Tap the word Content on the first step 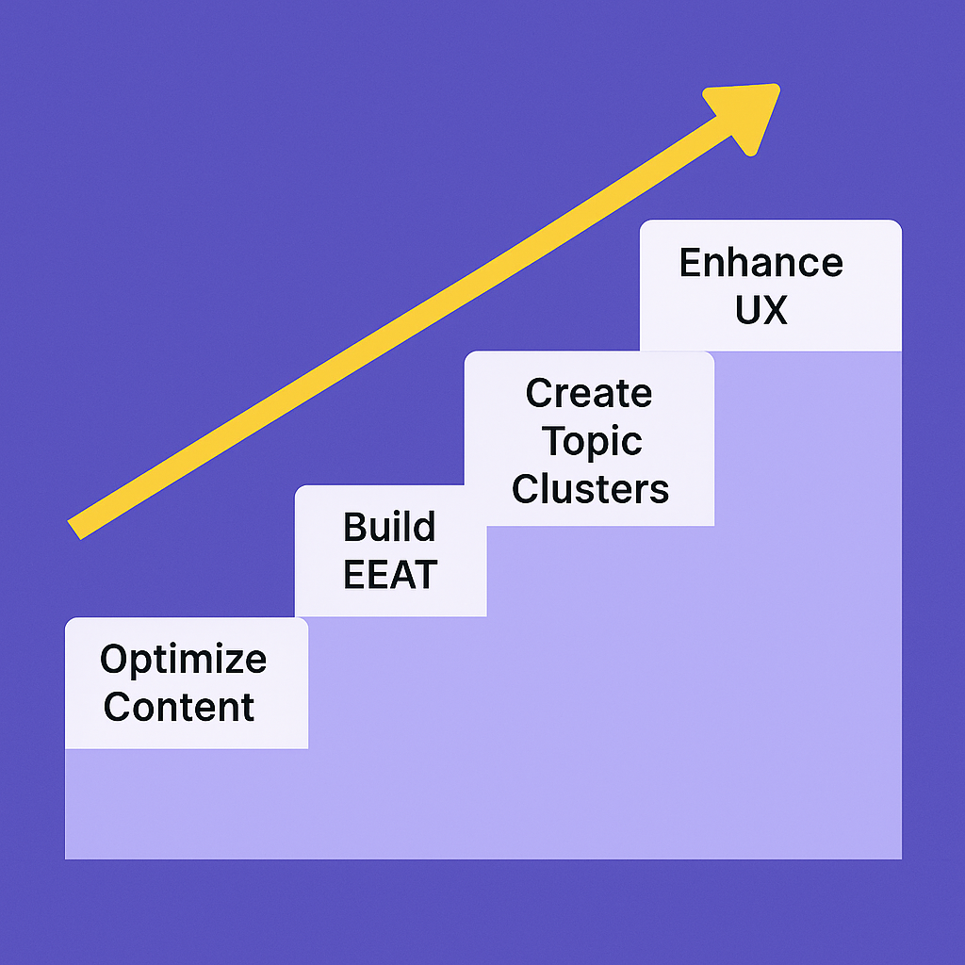click(x=179, y=707)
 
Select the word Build click(x=389, y=528)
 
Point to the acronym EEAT click(x=389, y=574)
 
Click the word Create click(x=588, y=393)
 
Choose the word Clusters click(x=590, y=489)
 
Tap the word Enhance click(x=761, y=263)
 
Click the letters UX click(x=761, y=310)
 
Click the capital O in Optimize click(x=114, y=659)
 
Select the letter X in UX click(x=774, y=310)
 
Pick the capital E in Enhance click(x=691, y=263)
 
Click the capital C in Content click(x=118, y=707)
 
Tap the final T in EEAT click(x=425, y=574)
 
